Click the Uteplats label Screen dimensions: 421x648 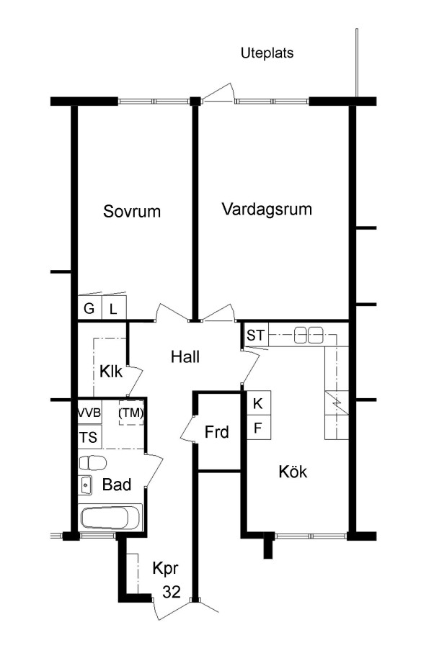267,53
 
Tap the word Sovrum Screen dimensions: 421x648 132,211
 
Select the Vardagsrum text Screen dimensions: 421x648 267,209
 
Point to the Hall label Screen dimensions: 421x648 185,356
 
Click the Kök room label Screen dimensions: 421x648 293,471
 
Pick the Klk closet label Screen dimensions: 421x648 111,372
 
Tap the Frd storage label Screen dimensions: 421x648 216,432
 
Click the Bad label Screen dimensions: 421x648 117,485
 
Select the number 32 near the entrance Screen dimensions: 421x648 171,592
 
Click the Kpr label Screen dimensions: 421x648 165,569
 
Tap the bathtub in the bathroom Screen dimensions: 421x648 110,517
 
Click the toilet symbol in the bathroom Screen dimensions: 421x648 92,463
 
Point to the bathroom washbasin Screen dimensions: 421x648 86,485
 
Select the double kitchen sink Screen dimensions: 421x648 309,335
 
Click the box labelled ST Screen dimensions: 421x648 255,335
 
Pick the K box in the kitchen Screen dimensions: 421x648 259,403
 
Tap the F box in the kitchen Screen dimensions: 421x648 259,427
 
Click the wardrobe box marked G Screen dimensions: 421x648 89,308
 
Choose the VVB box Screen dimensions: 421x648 90,413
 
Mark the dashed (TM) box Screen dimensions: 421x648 131,413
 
